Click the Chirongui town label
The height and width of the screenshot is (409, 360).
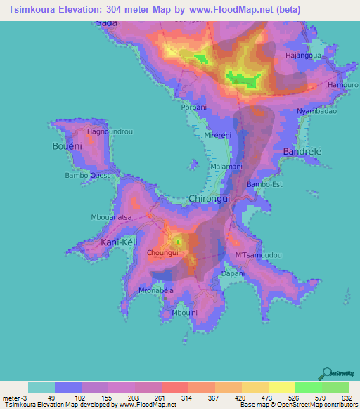211,200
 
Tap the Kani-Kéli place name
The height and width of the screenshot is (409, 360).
118,242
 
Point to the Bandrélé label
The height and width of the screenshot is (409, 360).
302,152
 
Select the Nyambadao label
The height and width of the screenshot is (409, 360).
317,111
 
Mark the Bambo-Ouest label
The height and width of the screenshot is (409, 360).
87,175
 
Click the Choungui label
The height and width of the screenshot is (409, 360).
162,252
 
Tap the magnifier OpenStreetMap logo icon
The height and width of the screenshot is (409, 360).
326,372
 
